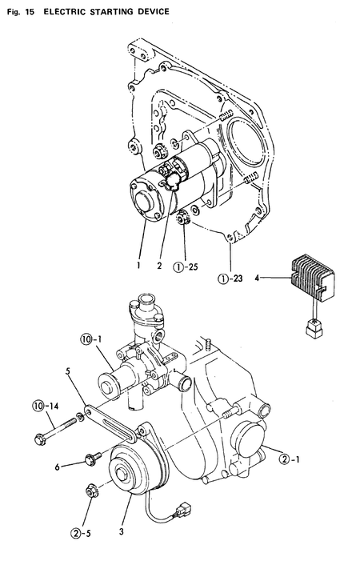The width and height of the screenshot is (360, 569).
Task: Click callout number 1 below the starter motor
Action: coord(138,262)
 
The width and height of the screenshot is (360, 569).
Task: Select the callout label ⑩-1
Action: coord(90,340)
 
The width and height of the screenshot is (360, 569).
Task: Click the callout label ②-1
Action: coord(289,459)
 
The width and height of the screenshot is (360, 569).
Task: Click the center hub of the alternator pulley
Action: coord(126,481)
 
